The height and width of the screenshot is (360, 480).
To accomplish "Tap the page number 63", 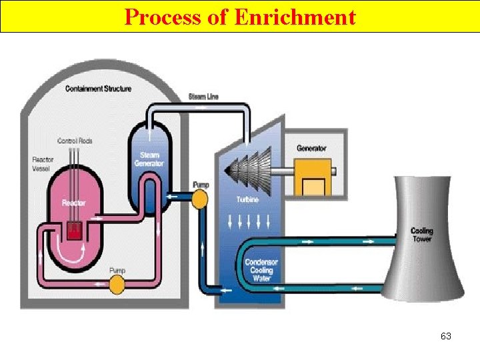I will [446, 336].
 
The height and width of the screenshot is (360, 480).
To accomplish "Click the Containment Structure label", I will [98, 89].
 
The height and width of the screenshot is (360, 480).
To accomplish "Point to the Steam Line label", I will [204, 97].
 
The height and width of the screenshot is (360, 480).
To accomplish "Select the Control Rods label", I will [75, 141].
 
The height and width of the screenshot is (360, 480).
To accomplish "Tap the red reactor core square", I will [73, 231].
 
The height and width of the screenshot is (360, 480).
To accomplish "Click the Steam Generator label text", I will [149, 159].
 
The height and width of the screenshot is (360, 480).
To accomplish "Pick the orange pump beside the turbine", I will [199, 198].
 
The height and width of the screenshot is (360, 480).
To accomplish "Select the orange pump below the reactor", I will [117, 285].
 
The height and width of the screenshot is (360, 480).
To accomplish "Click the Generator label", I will [311, 148].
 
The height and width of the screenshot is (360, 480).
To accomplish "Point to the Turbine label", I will [247, 199].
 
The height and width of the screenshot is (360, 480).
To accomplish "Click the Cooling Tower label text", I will [421, 235].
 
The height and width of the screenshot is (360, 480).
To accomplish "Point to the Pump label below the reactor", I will [117, 270].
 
